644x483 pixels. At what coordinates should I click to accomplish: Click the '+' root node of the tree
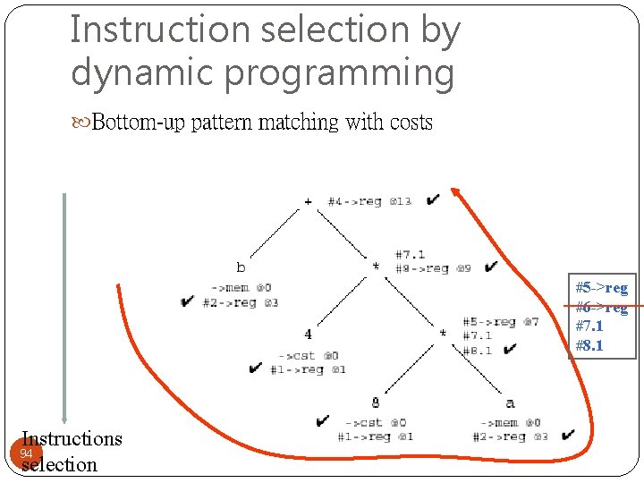[309, 202]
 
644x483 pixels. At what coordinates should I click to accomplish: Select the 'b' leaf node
[241, 267]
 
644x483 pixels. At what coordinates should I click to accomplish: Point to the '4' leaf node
[308, 335]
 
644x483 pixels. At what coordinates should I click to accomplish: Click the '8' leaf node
[376, 402]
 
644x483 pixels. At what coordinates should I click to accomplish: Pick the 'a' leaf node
[510, 402]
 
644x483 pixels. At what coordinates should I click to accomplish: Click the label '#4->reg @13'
[369, 202]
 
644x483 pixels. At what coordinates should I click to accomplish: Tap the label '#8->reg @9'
[434, 268]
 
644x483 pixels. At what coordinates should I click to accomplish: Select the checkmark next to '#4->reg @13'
[433, 199]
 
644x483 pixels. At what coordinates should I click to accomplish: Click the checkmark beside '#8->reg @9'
[490, 267]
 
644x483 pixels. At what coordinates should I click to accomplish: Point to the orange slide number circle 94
[27, 453]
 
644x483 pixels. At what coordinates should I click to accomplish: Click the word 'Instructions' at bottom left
[72, 438]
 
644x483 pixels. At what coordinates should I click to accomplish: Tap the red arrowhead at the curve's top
[455, 192]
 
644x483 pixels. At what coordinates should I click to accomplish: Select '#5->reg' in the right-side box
[601, 288]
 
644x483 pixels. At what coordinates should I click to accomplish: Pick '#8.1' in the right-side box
[589, 345]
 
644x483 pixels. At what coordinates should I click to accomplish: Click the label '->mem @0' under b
[241, 287]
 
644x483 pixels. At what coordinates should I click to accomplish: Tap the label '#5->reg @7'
[500, 322]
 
